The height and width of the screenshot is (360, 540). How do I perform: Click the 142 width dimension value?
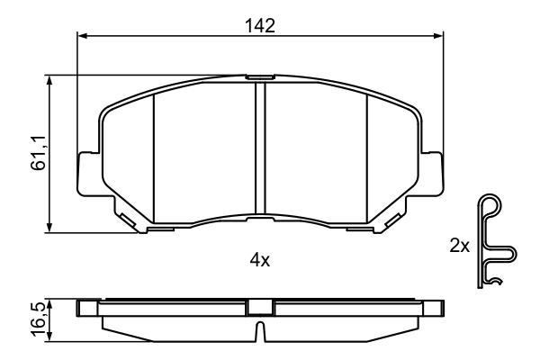[x=260, y=26]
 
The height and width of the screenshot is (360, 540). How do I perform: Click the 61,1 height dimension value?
[x=38, y=153]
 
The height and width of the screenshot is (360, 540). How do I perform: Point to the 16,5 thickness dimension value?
[x=38, y=319]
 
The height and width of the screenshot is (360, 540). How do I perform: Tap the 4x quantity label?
[x=260, y=260]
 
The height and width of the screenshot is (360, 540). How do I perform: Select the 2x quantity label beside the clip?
[x=460, y=246]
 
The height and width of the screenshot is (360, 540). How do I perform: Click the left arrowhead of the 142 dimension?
[x=82, y=35]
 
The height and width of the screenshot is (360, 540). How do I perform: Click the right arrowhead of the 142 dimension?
[x=438, y=35]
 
